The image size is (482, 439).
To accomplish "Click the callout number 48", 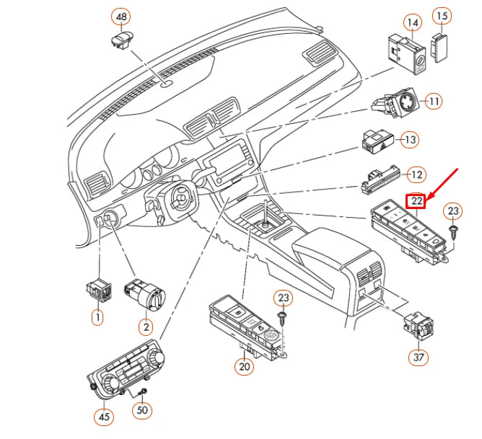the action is pyautogui.click(x=121, y=17).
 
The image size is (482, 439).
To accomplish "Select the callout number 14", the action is pyautogui.click(x=413, y=23).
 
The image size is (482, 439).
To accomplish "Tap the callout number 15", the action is pyautogui.click(x=442, y=16).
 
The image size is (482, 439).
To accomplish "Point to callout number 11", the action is pyautogui.click(x=434, y=102).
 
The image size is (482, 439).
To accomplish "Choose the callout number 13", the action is pyautogui.click(x=410, y=140).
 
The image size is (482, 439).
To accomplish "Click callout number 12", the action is pyautogui.click(x=416, y=175).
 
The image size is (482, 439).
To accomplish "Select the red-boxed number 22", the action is pyautogui.click(x=416, y=201).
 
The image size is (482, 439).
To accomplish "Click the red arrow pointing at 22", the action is pyautogui.click(x=443, y=184).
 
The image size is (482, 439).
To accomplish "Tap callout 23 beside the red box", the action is pyautogui.click(x=453, y=211).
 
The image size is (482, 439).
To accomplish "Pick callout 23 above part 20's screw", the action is pyautogui.click(x=284, y=298).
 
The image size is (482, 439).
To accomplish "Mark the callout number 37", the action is pyautogui.click(x=419, y=357).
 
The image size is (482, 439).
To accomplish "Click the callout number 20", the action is pyautogui.click(x=245, y=366).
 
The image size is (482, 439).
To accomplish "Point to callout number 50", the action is pyautogui.click(x=142, y=410).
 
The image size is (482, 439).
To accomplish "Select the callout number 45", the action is pyautogui.click(x=104, y=417).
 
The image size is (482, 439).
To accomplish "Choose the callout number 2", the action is pyautogui.click(x=146, y=327).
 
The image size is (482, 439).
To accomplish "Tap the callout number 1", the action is pyautogui.click(x=97, y=317).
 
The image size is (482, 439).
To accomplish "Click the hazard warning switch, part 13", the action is pyautogui.click(x=377, y=141).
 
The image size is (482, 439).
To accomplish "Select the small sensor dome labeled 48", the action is pyautogui.click(x=123, y=40).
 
